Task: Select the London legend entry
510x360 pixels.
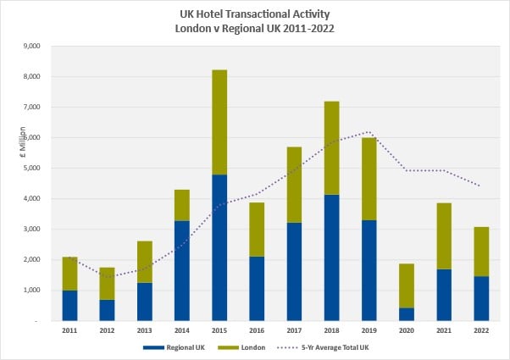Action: coord(251,347)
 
